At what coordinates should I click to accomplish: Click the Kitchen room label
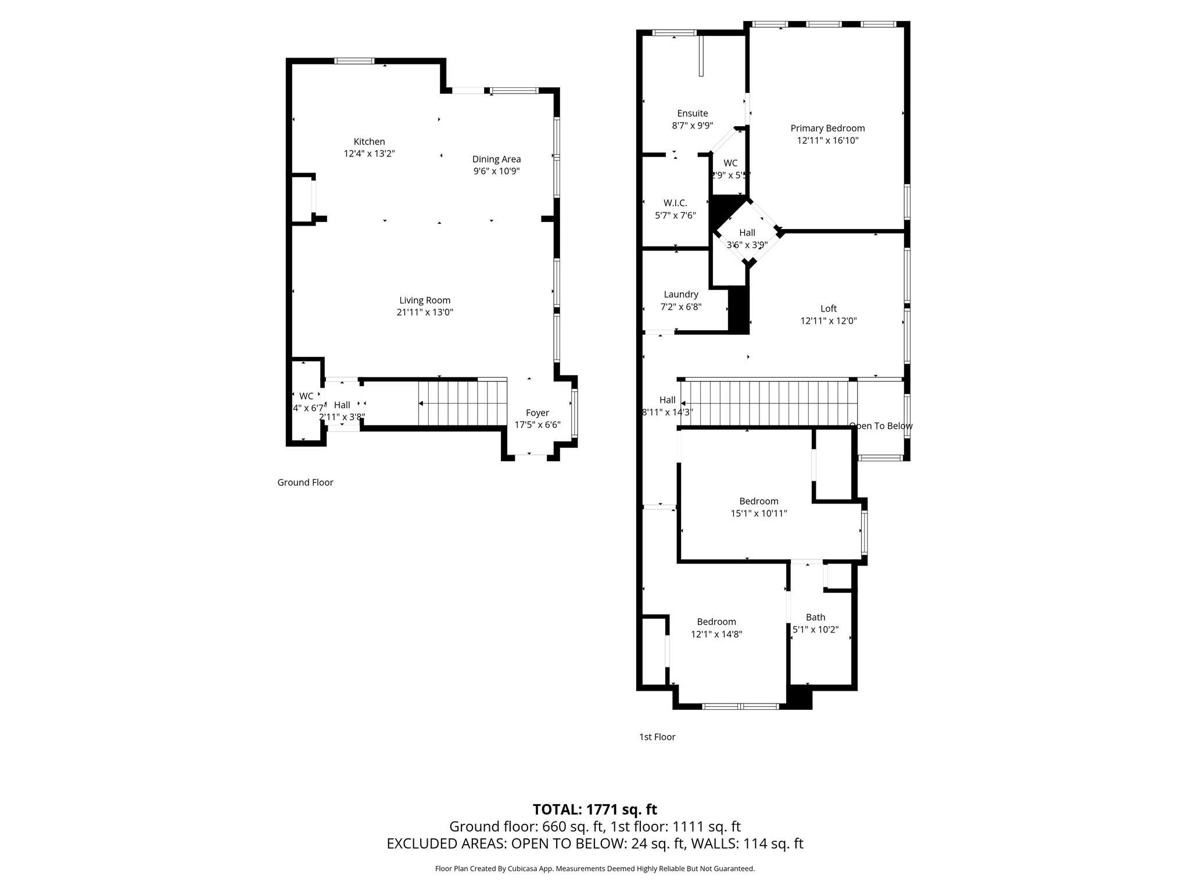point(369,142)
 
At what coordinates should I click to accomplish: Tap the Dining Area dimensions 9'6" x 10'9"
point(496,172)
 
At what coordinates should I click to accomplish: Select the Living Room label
point(425,301)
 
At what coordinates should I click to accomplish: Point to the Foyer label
point(537,413)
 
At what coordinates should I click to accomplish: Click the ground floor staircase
point(463,403)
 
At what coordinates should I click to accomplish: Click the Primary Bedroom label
point(827,128)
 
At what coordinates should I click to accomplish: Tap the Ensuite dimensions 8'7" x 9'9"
point(692,126)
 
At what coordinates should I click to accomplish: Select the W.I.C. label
point(675,203)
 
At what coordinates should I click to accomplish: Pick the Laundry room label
point(680,295)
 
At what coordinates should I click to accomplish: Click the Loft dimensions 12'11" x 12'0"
point(829,321)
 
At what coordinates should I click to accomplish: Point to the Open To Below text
point(881,426)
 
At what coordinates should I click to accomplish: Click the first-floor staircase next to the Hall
point(768,403)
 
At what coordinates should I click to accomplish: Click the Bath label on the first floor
point(815,617)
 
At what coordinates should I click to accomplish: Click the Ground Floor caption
point(305,483)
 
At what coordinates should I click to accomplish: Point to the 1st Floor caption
point(657,737)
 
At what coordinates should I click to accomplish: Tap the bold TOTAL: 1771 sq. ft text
point(594,809)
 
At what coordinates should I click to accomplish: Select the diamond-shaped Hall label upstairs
point(747,233)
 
